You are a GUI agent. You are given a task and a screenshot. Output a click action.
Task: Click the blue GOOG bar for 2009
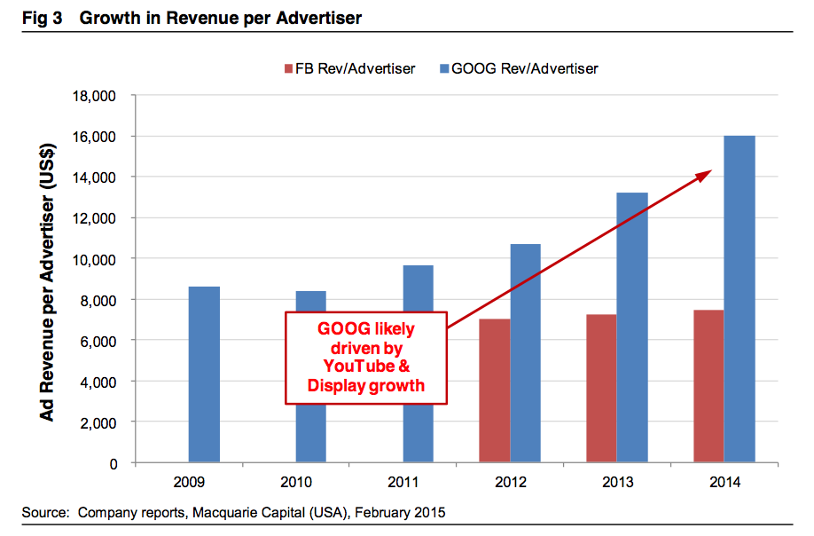tap(204, 374)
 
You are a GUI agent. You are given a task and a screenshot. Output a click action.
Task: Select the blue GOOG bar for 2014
tap(740, 299)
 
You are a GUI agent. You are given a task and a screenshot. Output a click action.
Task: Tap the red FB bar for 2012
tap(495, 390)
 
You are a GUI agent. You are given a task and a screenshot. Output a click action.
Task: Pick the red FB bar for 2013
tap(602, 388)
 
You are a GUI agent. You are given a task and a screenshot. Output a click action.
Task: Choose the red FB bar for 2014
tap(708, 386)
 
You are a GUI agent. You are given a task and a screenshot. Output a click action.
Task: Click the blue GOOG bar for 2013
tap(632, 327)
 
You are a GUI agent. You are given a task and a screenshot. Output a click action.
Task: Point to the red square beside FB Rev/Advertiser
tap(289, 68)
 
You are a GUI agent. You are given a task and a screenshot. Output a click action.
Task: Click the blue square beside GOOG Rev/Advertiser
tap(444, 68)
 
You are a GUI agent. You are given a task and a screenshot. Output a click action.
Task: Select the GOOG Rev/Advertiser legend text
tap(525, 68)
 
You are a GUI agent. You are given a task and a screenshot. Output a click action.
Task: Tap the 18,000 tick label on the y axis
tap(94, 96)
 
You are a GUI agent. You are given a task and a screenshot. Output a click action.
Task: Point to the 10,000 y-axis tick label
tap(94, 259)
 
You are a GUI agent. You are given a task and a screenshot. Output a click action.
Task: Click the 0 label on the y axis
tap(113, 464)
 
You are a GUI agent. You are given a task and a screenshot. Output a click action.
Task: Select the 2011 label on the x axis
tap(403, 483)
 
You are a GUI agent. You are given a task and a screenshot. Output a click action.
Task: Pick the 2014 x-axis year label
tap(724, 483)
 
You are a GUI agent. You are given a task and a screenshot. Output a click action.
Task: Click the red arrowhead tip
tap(711, 170)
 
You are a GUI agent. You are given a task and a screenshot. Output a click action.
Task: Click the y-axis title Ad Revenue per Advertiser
tap(47, 282)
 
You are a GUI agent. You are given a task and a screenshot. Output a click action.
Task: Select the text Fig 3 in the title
tap(42, 18)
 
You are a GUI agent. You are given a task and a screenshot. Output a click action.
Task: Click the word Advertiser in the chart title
tap(318, 18)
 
